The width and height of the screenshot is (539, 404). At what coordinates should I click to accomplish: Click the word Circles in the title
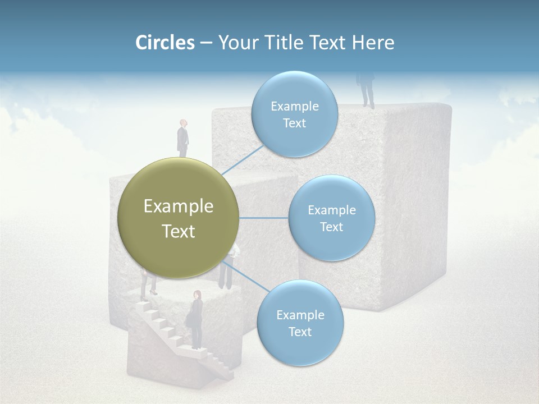coord(165,43)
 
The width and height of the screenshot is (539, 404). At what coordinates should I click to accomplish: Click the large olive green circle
coord(179,218)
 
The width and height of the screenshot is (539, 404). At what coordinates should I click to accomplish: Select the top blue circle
coord(294,114)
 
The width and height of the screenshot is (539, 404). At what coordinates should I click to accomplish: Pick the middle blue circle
coord(331,218)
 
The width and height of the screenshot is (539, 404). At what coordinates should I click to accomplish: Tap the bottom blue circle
coord(300,323)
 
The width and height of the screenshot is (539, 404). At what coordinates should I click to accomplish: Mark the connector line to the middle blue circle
coord(264,218)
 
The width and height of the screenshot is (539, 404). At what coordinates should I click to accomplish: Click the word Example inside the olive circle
coord(179,206)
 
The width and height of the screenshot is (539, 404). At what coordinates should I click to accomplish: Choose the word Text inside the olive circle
coord(179,231)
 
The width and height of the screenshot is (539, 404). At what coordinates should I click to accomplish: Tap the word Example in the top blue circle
coord(295,106)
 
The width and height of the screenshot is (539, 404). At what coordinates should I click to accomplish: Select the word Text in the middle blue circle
coord(331,227)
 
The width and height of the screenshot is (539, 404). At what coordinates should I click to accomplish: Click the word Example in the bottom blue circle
coord(300,315)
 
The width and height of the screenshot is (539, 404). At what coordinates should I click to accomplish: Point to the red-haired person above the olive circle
coord(183,137)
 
